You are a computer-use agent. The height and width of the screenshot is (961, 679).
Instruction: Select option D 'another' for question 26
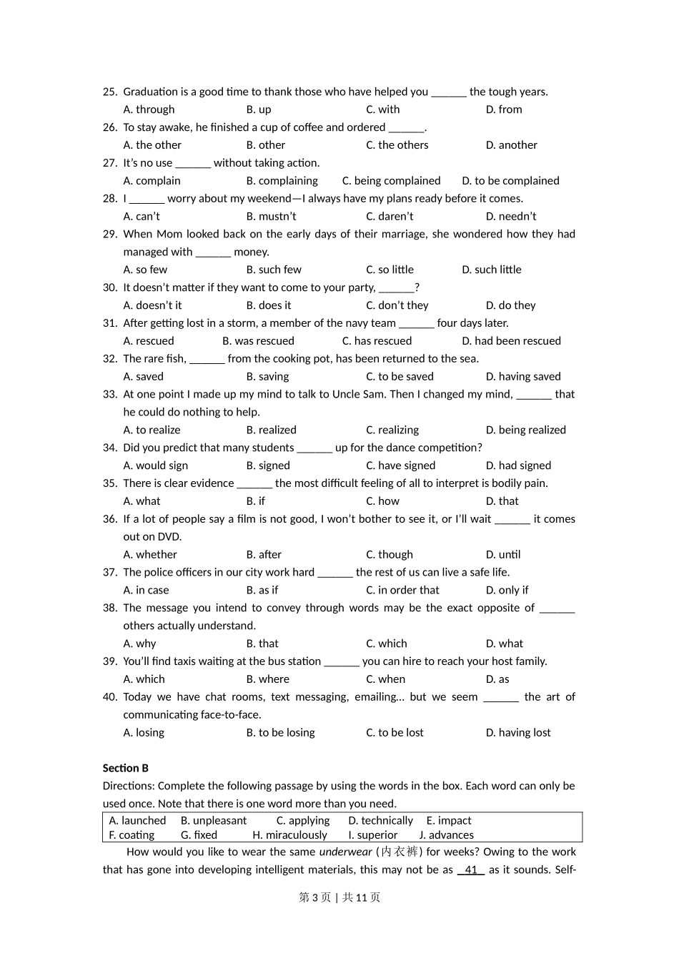[511, 145]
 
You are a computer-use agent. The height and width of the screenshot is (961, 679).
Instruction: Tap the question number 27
[109, 163]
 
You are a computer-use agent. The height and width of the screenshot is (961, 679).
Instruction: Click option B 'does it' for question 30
[269, 305]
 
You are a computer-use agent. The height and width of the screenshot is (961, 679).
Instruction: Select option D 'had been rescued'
[511, 341]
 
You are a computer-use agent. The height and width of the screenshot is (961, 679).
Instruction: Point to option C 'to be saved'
[400, 377]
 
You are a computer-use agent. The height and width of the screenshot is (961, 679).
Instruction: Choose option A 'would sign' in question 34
[156, 465]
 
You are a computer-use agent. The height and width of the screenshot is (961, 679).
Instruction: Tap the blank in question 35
[254, 484]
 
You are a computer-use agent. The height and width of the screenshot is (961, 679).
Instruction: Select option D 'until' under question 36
[503, 555]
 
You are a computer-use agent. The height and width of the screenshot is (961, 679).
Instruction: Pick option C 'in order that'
[402, 591]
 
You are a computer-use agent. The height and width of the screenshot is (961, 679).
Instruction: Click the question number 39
[109, 661]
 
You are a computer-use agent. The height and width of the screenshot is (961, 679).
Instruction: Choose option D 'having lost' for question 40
[518, 733]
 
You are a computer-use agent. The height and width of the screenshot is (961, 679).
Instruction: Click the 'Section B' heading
[126, 768]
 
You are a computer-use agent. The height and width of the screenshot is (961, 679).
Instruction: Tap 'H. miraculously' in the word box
[289, 835]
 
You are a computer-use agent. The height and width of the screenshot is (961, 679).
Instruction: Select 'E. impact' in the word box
[448, 821]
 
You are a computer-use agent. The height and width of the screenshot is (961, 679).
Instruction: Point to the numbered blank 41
[471, 870]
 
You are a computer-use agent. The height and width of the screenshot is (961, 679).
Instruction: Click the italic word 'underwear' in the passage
[345, 852]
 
